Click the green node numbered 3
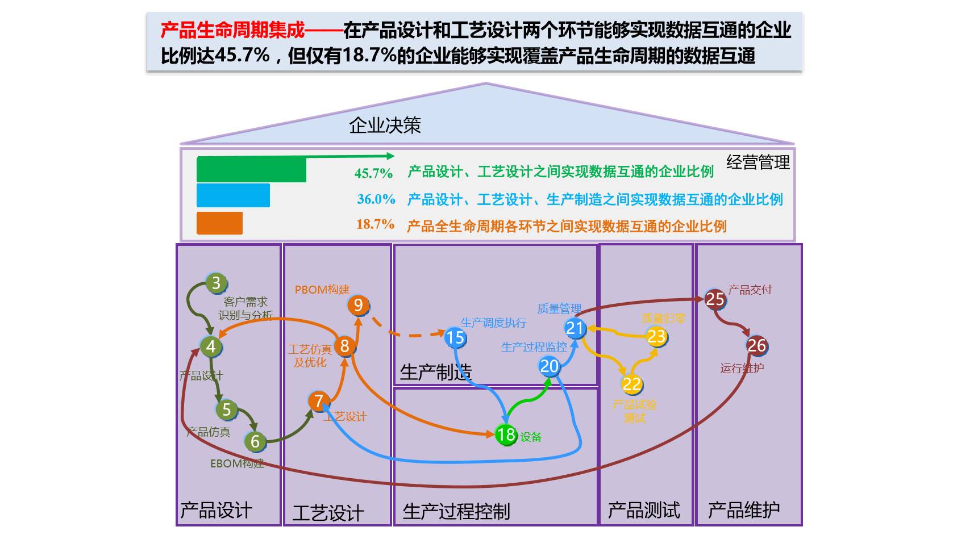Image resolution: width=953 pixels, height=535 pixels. tap(216, 283)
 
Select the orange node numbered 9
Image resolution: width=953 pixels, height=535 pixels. tap(358, 306)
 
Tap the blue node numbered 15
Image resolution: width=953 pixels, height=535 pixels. tap(455, 338)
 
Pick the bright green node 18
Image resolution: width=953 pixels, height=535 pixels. tap(505, 434)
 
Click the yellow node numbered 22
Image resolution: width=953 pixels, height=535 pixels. tap(631, 384)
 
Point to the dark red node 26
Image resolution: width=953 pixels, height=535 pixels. tap(756, 345)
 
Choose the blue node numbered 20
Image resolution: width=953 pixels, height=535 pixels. tap(549, 366)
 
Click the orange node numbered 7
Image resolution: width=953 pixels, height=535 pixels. tap(319, 401)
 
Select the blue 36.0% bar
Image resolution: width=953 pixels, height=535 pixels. tap(233, 195)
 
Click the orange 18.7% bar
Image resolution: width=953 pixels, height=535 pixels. tap(219, 223)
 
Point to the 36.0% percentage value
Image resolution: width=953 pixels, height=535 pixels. tap(376, 199)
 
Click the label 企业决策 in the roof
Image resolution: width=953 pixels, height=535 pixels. tap(385, 126)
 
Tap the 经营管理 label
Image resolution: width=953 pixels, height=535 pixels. tap(758, 163)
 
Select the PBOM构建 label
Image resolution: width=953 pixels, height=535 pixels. tap(322, 290)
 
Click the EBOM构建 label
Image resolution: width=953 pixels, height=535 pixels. tap(237, 463)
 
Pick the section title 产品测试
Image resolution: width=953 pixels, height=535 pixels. tap(643, 510)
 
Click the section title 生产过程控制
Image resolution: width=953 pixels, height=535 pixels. tap(456, 511)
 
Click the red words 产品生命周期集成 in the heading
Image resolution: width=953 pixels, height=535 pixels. tap(232, 30)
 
